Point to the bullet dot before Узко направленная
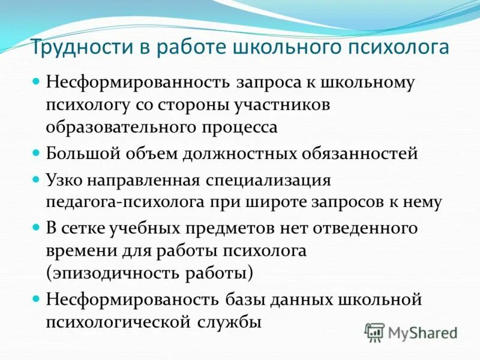click(37, 179)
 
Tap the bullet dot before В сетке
click(37, 227)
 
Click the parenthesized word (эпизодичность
click(110, 273)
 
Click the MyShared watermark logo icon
click(375, 332)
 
